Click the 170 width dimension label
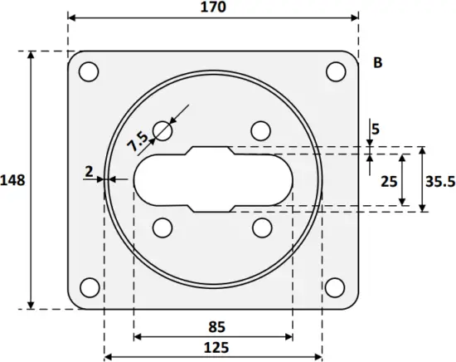tap(212, 7)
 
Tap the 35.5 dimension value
tap(440, 180)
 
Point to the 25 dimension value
tap(386, 180)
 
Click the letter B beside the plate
tap(378, 63)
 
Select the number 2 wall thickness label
tap(88, 171)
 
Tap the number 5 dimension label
tap(376, 130)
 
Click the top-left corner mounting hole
tap(89, 72)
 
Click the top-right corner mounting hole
tap(335, 72)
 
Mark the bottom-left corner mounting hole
tap(89, 287)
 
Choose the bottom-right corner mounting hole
tap(335, 287)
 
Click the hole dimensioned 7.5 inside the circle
tap(163, 130)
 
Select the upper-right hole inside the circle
tap(261, 130)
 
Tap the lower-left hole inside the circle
tap(163, 227)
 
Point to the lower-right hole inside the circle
tap(261, 227)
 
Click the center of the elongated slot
tap(212, 179)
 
